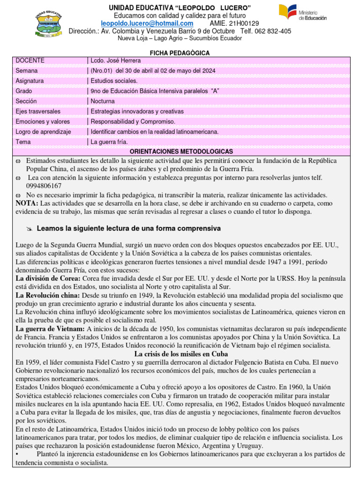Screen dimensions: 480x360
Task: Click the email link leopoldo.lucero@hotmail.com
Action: [147, 23]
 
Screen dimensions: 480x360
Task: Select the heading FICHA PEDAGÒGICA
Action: [180, 53]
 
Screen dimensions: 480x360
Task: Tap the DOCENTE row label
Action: [30, 60]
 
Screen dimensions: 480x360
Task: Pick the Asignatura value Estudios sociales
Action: [114, 81]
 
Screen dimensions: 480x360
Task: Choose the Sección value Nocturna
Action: [103, 101]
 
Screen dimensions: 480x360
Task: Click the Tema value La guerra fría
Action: [109, 142]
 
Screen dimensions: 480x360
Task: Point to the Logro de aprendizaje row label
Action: [43, 132]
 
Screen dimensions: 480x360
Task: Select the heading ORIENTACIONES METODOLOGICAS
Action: [181, 152]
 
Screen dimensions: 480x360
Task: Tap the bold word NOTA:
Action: [27, 203]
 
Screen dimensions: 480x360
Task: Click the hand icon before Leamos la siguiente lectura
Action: [29, 228]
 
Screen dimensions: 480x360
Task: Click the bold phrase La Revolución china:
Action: [48, 295]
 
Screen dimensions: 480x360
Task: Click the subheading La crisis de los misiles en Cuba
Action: [180, 353]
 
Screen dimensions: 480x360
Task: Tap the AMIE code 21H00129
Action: [240, 23]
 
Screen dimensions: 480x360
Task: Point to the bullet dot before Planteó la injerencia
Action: [17, 454]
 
